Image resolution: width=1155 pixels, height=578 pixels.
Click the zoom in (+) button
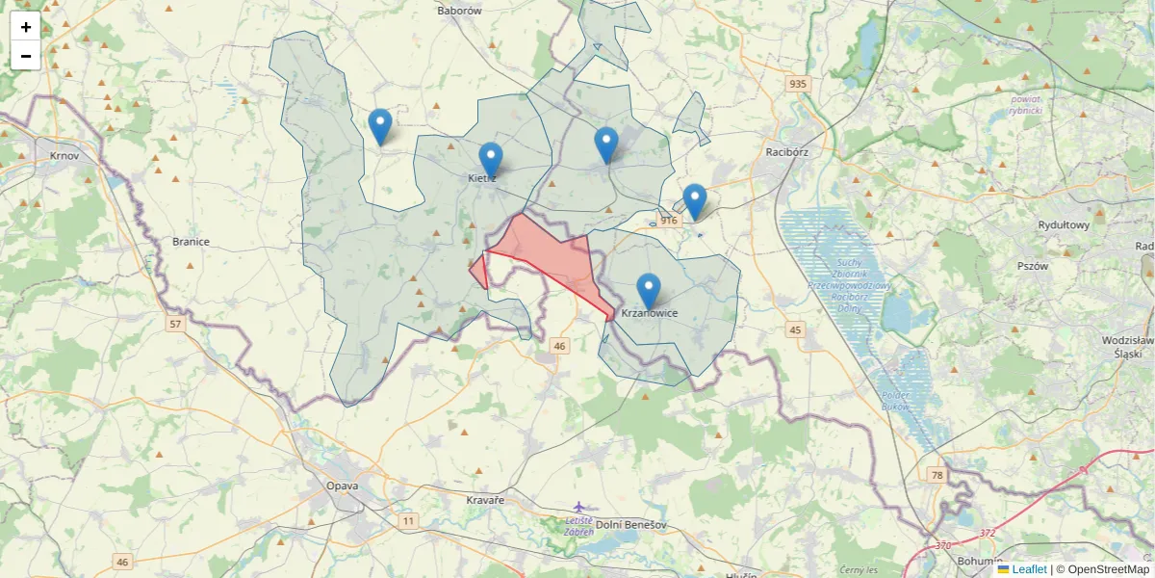coord(26,27)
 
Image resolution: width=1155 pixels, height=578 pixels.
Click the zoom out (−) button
coord(26,56)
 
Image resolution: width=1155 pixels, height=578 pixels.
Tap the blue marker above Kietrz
coord(491,160)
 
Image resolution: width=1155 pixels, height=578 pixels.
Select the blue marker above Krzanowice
coord(649,291)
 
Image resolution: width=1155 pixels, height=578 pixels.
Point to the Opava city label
coord(342,486)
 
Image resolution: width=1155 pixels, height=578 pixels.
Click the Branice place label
coord(191,242)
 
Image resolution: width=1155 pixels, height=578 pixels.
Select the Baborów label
coord(459,11)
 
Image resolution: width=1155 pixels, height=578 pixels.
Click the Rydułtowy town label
coord(1064,225)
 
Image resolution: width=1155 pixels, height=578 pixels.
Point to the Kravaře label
coord(485,502)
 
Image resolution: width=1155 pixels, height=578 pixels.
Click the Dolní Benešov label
coord(631,525)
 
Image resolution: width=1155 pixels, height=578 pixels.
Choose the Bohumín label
coord(981,560)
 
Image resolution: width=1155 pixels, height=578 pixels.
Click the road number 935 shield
coord(797,84)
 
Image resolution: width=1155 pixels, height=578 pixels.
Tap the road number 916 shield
coord(670,221)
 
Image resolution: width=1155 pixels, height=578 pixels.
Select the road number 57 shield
coord(174,325)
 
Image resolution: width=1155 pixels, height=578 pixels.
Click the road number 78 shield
coord(937,474)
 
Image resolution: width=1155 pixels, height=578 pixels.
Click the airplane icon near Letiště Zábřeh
coord(578,507)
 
